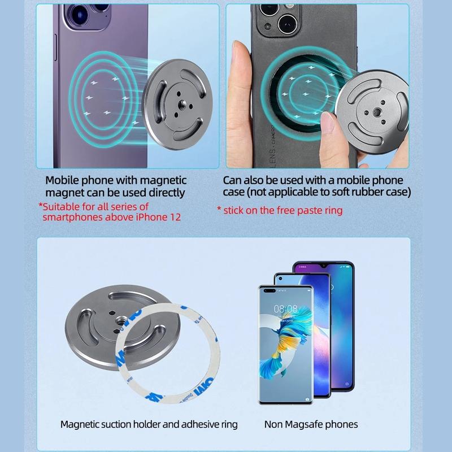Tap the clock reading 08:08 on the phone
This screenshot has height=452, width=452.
pos(285,309)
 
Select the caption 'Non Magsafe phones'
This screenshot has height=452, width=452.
pos(311,424)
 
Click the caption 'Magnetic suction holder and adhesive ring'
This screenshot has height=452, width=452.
pos(149,424)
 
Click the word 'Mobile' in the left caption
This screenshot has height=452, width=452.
pos(64,180)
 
